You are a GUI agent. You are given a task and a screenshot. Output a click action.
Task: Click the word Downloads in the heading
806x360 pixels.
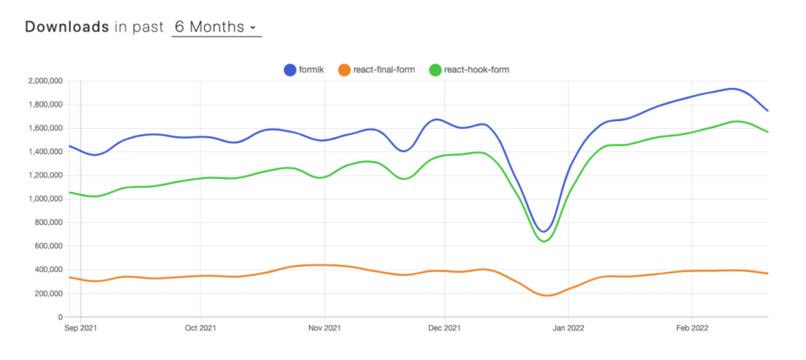pyautogui.click(x=66, y=27)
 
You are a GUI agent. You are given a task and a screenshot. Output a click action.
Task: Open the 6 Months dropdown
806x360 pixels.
pyautogui.click(x=215, y=27)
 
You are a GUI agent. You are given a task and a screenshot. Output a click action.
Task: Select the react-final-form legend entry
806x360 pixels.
pyautogui.click(x=375, y=69)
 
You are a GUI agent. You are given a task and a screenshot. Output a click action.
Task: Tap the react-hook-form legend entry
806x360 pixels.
pyautogui.click(x=468, y=69)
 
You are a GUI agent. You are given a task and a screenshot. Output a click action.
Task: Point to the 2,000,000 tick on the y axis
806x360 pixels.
pyautogui.click(x=43, y=81)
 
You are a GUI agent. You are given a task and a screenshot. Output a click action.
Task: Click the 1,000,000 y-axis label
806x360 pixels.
pyautogui.click(x=43, y=199)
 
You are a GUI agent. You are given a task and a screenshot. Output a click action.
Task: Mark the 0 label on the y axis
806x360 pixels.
pyautogui.click(x=59, y=317)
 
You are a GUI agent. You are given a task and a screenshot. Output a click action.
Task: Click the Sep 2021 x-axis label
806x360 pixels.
pyautogui.click(x=81, y=329)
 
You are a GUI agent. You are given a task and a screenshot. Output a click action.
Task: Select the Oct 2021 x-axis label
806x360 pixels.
pyautogui.click(x=201, y=329)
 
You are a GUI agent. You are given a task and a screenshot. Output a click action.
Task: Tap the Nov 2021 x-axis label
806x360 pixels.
pyautogui.click(x=324, y=329)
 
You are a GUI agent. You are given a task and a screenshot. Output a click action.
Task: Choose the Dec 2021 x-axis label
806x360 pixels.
pyautogui.click(x=444, y=329)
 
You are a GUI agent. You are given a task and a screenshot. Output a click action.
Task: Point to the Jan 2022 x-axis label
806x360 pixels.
pyautogui.click(x=568, y=329)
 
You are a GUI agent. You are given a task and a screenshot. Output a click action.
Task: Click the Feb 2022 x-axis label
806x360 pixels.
pyautogui.click(x=690, y=329)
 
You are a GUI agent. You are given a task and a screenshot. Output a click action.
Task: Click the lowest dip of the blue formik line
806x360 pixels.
pyautogui.click(x=544, y=232)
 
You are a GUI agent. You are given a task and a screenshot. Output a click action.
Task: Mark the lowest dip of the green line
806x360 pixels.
pyautogui.click(x=545, y=241)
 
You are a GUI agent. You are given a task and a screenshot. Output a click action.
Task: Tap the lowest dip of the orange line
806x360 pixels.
pyautogui.click(x=547, y=296)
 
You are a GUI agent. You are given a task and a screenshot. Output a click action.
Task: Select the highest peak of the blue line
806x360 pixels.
pyautogui.click(x=733, y=89)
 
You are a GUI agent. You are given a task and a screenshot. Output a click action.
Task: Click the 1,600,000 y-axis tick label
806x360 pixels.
pyautogui.click(x=43, y=128)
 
